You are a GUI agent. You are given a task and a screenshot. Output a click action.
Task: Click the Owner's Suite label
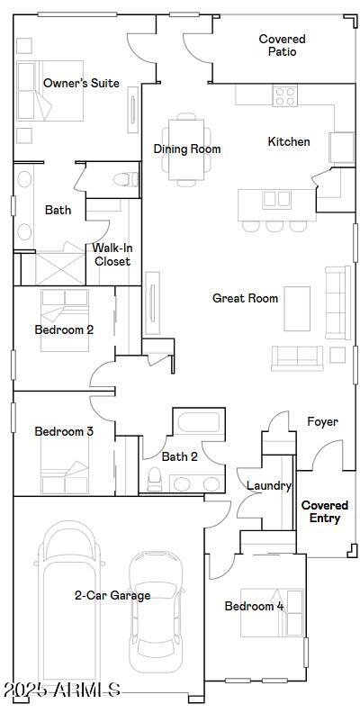tap(81, 83)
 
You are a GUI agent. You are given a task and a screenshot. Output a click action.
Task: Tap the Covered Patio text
tap(282, 45)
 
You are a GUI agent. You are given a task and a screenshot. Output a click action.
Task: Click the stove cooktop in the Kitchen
tap(284, 95)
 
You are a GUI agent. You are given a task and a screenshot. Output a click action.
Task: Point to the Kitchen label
tap(289, 141)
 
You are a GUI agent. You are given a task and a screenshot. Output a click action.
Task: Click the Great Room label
tap(245, 298)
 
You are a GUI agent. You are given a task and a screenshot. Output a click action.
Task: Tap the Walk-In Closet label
tap(112, 255)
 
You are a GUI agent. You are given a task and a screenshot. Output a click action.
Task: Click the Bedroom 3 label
tap(64, 431)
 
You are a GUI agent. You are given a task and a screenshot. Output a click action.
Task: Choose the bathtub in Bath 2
tap(197, 423)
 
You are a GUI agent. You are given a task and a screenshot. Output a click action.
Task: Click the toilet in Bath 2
tap(154, 478)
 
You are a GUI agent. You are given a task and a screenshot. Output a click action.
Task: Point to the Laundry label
tap(269, 486)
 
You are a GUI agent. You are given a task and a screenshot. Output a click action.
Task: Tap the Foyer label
tap(322, 421)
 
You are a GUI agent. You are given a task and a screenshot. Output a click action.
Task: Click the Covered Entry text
tap(324, 511)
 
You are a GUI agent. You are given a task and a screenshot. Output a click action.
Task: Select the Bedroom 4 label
tap(254, 606)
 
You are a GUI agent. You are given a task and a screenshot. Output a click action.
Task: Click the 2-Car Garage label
tap(112, 595)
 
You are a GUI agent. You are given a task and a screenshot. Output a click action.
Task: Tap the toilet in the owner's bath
tap(128, 177)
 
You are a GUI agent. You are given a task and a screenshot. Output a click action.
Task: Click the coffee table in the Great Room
tap(298, 308)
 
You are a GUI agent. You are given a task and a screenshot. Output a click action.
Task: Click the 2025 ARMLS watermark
tap(61, 690)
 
